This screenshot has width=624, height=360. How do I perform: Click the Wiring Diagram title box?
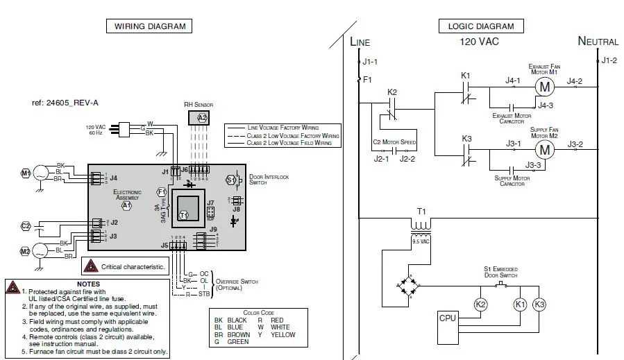tap(149, 26)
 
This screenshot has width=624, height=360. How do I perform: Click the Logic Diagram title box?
tap(480, 26)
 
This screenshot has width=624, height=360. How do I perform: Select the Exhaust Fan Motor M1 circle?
tap(544, 87)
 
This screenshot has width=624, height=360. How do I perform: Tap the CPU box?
tap(448, 318)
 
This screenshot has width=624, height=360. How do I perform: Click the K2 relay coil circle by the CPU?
tap(480, 304)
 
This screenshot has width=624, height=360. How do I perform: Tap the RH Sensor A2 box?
tap(202, 118)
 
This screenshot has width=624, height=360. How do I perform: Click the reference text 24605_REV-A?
tap(65, 103)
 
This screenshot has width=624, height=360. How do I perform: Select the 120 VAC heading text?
tap(479, 42)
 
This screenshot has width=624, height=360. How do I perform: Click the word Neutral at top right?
tap(598, 42)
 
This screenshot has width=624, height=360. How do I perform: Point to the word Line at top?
tap(360, 42)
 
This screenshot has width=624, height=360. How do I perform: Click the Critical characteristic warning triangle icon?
tap(91, 266)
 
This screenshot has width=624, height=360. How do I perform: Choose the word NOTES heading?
tap(88, 284)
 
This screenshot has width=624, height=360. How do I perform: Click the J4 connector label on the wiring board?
tap(113, 178)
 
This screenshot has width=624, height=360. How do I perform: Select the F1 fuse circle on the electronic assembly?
tap(162, 191)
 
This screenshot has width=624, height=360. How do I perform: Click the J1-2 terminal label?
tap(608, 60)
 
